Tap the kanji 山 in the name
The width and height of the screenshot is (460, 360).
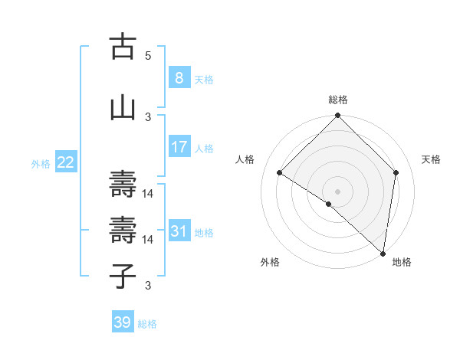pos(123,107)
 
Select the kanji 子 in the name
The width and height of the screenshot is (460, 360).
pos(123,276)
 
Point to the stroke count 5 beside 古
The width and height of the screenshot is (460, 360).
pos(148,56)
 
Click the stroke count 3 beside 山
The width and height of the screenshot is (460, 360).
pos(148,116)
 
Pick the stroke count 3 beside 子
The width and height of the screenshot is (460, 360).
pos(148,286)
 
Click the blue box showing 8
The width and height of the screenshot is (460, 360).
pos(179,77)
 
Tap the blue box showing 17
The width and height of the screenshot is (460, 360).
pos(179,146)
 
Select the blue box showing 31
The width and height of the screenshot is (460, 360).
pos(179,231)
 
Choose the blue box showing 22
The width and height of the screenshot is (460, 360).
pos(65,162)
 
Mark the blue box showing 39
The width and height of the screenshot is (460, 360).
pos(122,322)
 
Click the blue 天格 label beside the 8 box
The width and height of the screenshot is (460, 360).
pos(204,79)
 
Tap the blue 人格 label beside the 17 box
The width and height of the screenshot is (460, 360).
pos(204,148)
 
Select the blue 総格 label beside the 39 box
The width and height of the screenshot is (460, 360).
pos(148,324)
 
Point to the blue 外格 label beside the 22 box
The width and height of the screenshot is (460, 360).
pos(41,163)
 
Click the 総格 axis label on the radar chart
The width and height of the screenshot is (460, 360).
pos(338,100)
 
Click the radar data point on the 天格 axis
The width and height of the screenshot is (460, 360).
pos(396,172)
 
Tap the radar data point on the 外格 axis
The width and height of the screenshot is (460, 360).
pos(328,204)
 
